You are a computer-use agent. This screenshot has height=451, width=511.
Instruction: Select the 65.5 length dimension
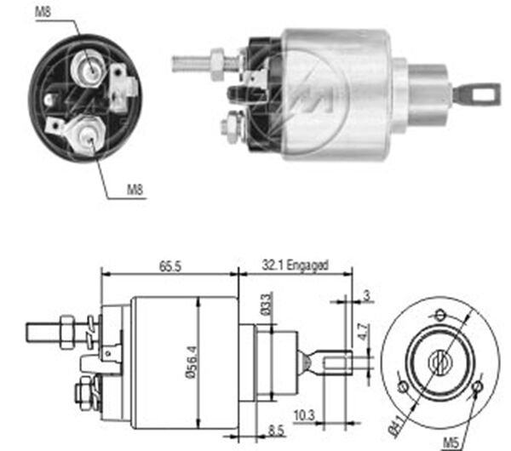click(x=168, y=265)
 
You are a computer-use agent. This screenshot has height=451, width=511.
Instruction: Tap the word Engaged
click(x=307, y=265)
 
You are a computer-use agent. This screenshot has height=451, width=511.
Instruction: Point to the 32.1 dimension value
click(x=273, y=265)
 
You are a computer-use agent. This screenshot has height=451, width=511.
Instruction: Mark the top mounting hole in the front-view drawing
click(x=440, y=314)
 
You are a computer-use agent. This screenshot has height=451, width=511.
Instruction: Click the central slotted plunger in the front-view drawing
click(x=440, y=363)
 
